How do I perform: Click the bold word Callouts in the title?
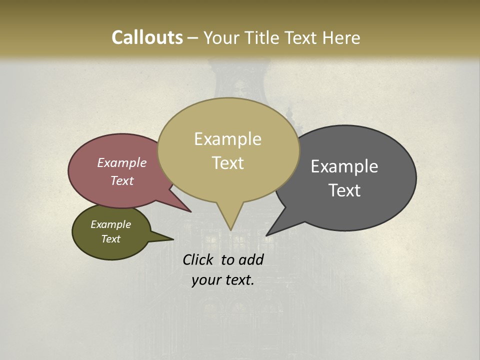pyautogui.click(x=147, y=37)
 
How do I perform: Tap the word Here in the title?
pyautogui.click(x=341, y=37)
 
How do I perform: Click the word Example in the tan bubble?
pyautogui.click(x=227, y=139)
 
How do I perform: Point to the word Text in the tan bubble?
pyautogui.click(x=228, y=163)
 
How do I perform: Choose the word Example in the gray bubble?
pyautogui.click(x=344, y=166)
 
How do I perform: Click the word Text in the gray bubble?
pyautogui.click(x=344, y=190)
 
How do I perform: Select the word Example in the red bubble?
pyautogui.click(x=122, y=163)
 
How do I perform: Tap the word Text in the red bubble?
pyautogui.click(x=122, y=181)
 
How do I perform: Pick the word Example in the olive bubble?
pyautogui.click(x=111, y=224)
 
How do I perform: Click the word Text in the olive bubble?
pyautogui.click(x=111, y=239)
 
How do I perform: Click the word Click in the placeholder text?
pyautogui.click(x=199, y=259)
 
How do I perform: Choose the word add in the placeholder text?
pyautogui.click(x=251, y=259)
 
